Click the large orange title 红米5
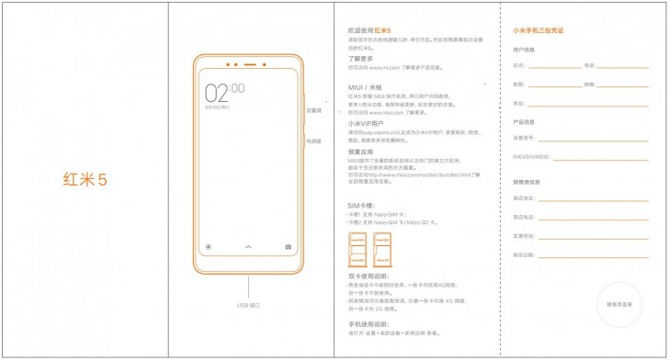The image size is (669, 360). (85, 179)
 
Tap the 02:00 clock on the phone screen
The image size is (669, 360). (223, 92)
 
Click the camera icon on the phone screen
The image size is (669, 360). (289, 247)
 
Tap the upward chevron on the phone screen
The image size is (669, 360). (248, 247)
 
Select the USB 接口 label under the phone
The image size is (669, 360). (249, 305)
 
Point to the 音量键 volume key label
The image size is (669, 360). (314, 111)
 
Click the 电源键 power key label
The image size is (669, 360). (314, 141)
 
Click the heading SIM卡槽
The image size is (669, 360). (361, 205)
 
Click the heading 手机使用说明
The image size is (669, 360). (369, 324)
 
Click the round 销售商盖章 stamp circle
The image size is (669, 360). (618, 302)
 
